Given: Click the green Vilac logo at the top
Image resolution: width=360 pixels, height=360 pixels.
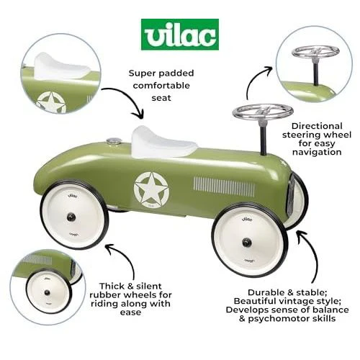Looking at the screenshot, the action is click(x=180, y=35).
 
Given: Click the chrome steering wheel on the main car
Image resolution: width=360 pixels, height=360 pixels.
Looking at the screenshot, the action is click(x=263, y=112).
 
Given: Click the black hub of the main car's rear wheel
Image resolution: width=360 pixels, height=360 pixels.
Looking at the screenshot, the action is click(x=71, y=217).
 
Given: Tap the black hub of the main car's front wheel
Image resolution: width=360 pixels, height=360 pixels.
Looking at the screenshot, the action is click(x=246, y=242).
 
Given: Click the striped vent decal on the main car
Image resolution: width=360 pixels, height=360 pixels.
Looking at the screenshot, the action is click(x=225, y=186).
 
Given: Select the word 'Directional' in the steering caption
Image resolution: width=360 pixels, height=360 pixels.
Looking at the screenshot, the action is click(x=317, y=126).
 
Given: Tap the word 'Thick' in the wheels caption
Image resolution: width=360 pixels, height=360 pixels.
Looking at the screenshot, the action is click(x=112, y=286).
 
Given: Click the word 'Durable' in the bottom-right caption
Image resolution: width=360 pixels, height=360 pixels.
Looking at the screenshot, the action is click(x=266, y=292).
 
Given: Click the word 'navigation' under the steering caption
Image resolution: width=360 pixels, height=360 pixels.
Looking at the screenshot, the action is click(x=317, y=152).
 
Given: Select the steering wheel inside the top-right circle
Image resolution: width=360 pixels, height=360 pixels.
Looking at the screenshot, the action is click(x=316, y=52).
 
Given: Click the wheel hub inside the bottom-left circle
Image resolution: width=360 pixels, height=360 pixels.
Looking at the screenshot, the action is click(x=48, y=293).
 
